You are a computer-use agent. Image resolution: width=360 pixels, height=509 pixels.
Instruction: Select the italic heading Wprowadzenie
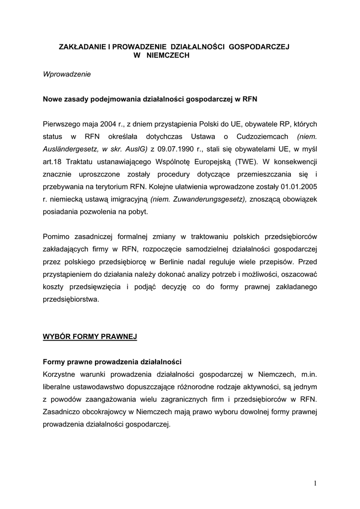point(67,75)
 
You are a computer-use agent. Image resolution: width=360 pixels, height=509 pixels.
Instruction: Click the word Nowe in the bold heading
point(53,99)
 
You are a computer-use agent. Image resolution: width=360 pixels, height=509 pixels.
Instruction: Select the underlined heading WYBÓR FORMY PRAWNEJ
point(90,337)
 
